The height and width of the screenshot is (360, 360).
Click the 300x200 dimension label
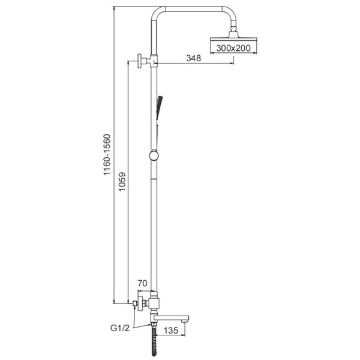[x=233, y=48]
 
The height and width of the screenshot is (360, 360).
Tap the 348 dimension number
[x=194, y=58]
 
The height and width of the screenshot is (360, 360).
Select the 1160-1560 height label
[x=107, y=155]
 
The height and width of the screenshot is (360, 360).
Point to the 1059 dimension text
[x=122, y=182]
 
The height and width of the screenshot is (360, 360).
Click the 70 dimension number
[x=142, y=283]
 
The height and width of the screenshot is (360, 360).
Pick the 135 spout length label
[x=171, y=331]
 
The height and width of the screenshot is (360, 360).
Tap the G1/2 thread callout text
[x=120, y=328]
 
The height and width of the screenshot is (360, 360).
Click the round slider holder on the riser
[x=154, y=155]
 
